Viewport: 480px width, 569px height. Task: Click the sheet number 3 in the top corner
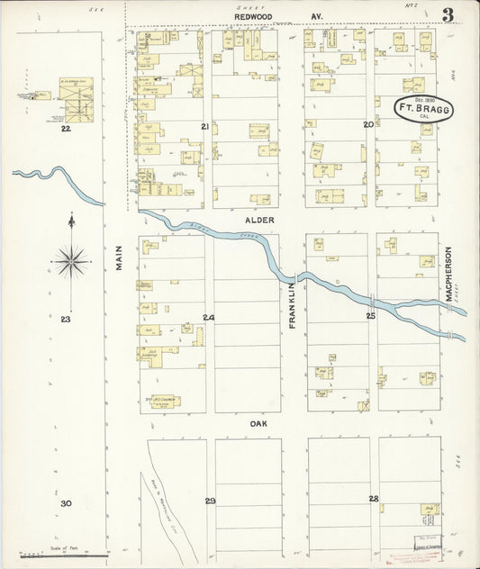(448, 15)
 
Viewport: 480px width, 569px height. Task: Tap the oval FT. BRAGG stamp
(424, 109)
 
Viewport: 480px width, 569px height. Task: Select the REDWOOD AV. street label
(278, 16)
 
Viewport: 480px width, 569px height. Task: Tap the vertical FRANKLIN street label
(293, 305)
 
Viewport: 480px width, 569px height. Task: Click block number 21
(204, 127)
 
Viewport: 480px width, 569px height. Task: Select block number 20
(367, 124)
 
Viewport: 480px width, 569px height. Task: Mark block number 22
(65, 129)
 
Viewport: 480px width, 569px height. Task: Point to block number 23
(66, 319)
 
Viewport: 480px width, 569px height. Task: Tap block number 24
(208, 318)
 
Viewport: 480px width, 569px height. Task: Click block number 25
(370, 316)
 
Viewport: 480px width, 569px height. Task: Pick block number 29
(210, 501)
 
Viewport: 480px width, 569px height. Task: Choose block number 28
(373, 498)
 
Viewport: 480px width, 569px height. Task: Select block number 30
(66, 503)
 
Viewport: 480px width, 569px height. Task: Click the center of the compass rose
(71, 261)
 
